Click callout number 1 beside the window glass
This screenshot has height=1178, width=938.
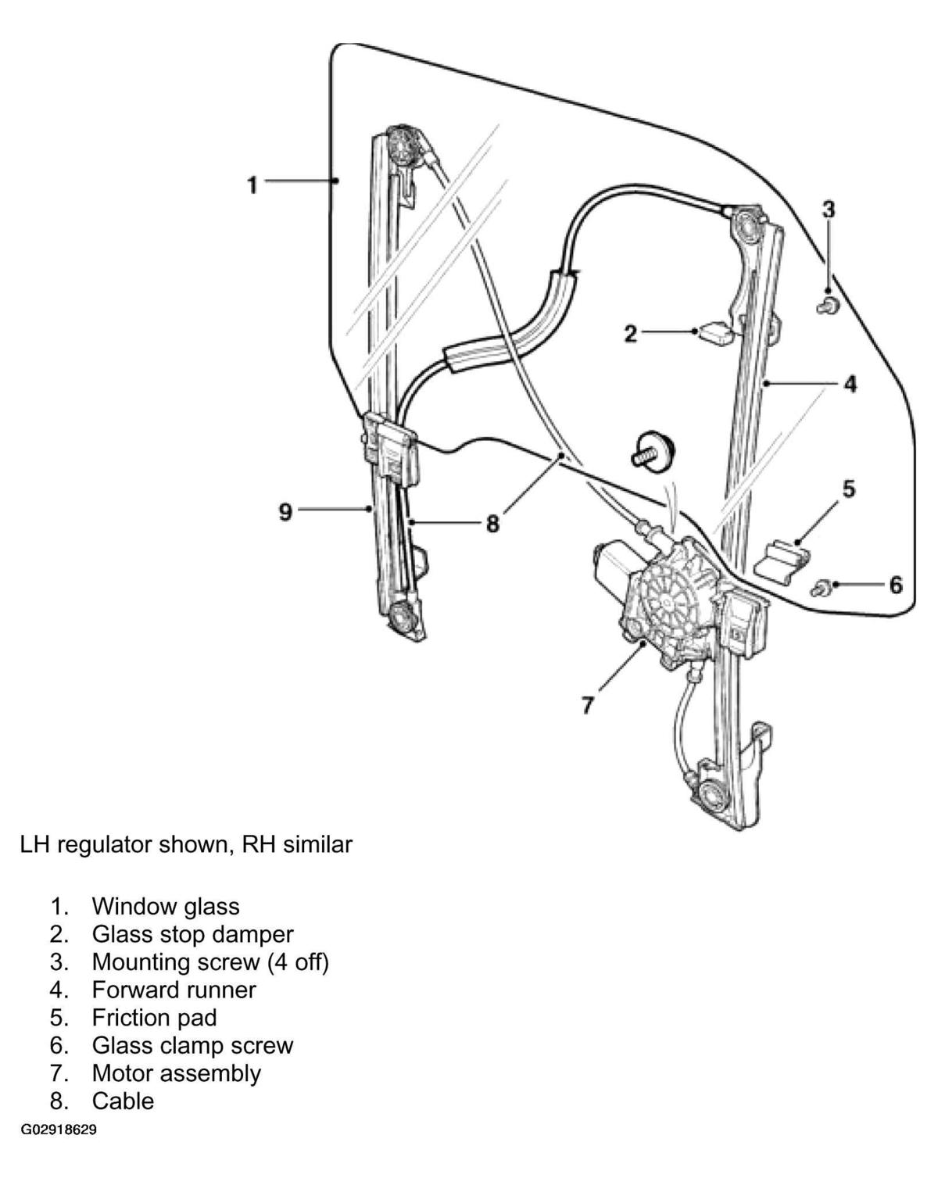tap(252, 185)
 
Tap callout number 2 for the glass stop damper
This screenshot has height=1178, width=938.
tap(630, 333)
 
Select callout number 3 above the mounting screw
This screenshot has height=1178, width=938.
tap(829, 209)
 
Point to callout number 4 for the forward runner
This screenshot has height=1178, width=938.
tap(850, 385)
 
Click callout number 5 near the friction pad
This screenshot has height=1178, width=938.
tap(848, 489)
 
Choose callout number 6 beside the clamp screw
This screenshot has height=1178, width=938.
tap(896, 585)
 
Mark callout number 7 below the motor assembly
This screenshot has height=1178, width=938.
tap(588, 705)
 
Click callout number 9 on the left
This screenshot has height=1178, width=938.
tap(285, 512)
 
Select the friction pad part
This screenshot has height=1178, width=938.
tap(782, 559)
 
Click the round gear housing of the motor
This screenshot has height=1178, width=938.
tap(671, 601)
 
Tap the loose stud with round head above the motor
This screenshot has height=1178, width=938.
tap(653, 449)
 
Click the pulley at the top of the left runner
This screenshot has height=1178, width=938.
tap(405, 145)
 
